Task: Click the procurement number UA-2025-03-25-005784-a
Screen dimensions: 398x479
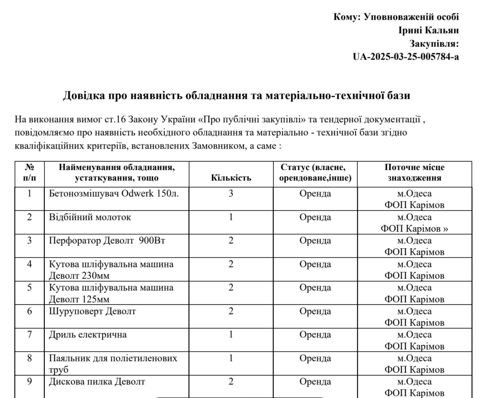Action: click(406, 57)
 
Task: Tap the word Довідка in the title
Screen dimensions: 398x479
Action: click(84, 96)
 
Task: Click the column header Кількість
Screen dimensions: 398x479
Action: click(231, 178)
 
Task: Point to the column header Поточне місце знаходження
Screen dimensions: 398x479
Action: click(414, 173)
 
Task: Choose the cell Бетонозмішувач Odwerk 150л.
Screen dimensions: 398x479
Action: click(114, 193)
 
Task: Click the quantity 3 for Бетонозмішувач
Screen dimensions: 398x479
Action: click(231, 193)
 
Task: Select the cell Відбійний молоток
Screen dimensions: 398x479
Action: click(90, 217)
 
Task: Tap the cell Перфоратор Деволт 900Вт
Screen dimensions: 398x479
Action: click(109, 241)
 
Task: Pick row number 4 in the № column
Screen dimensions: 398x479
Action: click(29, 264)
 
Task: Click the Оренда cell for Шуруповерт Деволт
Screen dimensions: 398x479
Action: click(315, 311)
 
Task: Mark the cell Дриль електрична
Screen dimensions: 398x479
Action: click(88, 334)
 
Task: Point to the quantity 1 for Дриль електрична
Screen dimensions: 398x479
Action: click(231, 334)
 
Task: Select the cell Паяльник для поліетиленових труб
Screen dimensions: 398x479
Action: click(114, 364)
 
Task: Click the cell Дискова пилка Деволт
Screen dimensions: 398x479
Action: click(97, 381)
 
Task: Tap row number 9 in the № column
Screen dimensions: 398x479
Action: click(29, 381)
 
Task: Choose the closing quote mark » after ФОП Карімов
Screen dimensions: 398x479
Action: click(445, 229)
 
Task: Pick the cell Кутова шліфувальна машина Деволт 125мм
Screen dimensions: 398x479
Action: click(111, 293)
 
